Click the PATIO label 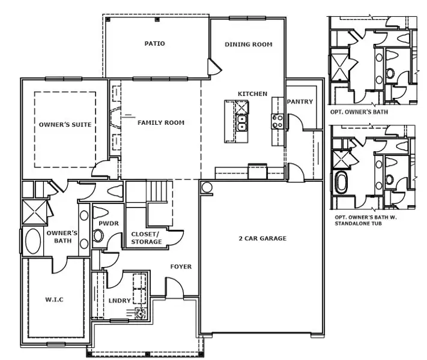[x=154, y=44]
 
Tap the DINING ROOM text [x=248, y=44]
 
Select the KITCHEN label [x=252, y=94]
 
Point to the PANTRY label [x=300, y=102]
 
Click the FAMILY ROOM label [x=161, y=123]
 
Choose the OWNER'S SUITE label [x=65, y=125]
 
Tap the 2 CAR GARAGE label [x=261, y=239]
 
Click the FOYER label [x=181, y=266]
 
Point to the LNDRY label [x=120, y=301]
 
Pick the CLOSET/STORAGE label [x=147, y=238]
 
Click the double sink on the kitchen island [x=241, y=123]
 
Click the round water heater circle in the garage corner [x=207, y=187]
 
